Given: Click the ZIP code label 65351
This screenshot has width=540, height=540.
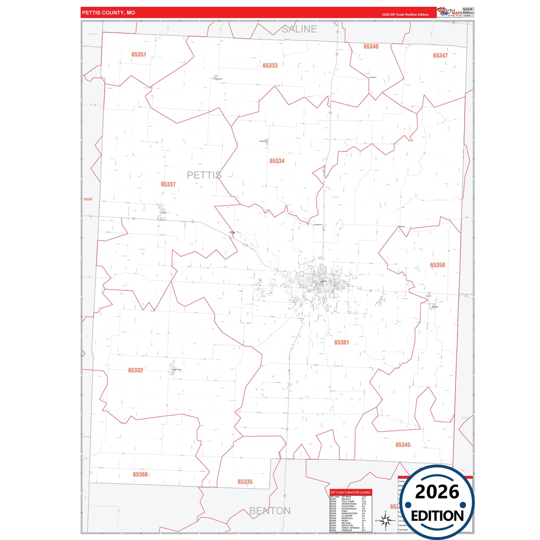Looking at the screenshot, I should (x=139, y=55).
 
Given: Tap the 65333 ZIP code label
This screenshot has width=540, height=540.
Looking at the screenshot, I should (x=270, y=66).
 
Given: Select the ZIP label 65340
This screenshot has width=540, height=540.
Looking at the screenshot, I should (x=371, y=47).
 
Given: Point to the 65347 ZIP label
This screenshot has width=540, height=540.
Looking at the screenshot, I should (x=440, y=56).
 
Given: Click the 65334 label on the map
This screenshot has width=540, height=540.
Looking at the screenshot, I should (x=277, y=161).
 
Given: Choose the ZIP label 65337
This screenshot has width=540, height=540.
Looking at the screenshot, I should (x=168, y=185).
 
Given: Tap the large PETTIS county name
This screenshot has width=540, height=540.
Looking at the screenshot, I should (x=204, y=175).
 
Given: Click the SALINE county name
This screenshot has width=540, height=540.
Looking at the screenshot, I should (x=299, y=29).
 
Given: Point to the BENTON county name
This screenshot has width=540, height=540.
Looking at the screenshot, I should (x=269, y=511).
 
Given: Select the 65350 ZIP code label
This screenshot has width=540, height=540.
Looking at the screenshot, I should (x=437, y=265).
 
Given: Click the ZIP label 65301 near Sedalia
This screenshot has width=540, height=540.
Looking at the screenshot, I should (x=342, y=343).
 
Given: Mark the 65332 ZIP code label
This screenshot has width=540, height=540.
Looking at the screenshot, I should (x=135, y=370).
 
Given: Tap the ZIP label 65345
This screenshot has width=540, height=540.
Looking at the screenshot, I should (x=403, y=445).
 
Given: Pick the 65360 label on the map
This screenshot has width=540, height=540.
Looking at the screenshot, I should (x=140, y=475).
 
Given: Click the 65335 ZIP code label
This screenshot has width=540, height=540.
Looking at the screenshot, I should (x=245, y=482).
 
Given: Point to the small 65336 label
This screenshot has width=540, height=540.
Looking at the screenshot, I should (x=88, y=200).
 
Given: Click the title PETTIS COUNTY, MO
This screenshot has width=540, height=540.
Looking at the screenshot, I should (x=108, y=13).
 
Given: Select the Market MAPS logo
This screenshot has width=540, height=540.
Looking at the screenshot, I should (x=450, y=12).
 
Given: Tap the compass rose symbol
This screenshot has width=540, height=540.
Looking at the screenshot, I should (x=385, y=520).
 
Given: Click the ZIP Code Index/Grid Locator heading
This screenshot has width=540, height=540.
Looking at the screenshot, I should (x=350, y=492).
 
